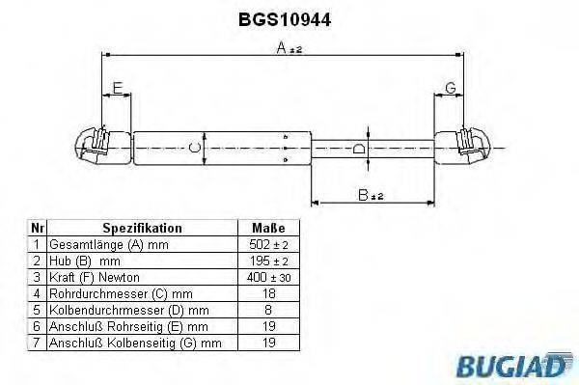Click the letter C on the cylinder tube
pos(193,148)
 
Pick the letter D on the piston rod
pos(358,149)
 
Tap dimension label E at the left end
pos(117,89)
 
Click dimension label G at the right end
pos(450,89)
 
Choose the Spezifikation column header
pos(143,229)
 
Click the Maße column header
pos(267,229)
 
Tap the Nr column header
pos(37,229)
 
